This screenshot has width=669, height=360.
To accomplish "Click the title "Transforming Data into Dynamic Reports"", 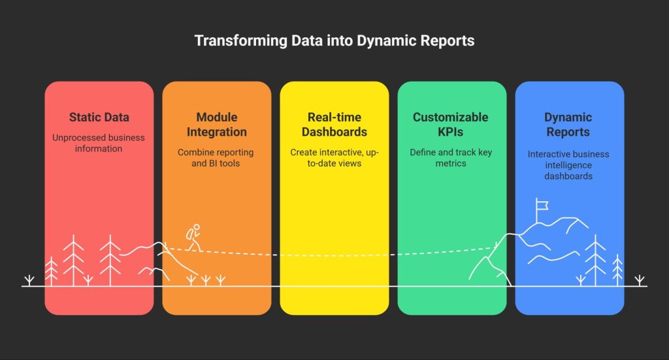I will coord(334,41).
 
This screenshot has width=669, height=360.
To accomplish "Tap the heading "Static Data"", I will coord(99,118).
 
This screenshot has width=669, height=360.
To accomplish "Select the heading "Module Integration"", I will coord(216,124).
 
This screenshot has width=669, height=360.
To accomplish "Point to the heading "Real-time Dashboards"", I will coord(334,124).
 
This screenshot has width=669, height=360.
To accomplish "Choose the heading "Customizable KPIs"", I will coord(451,124).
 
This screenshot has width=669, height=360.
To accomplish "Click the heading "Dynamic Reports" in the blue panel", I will coord(568,124).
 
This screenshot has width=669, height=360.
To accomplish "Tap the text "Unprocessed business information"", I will coord(99,143).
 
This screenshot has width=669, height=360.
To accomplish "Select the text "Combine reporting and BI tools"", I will coord(216,157).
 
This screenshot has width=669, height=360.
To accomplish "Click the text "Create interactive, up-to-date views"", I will coord(334,157).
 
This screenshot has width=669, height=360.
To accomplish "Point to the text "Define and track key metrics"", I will coord(451,157).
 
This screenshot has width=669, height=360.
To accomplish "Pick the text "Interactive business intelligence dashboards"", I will coord(568,165).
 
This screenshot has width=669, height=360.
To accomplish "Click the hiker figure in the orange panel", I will coord(193,237).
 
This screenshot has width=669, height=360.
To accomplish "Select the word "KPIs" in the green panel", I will coord(451,131).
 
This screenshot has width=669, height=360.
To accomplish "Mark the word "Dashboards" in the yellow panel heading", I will coord(334,131).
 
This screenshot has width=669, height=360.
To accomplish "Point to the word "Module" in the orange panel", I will coord(216,117).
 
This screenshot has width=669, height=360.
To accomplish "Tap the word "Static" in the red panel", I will coord(84,118).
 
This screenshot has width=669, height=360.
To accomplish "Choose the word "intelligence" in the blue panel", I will coord(568,165).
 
